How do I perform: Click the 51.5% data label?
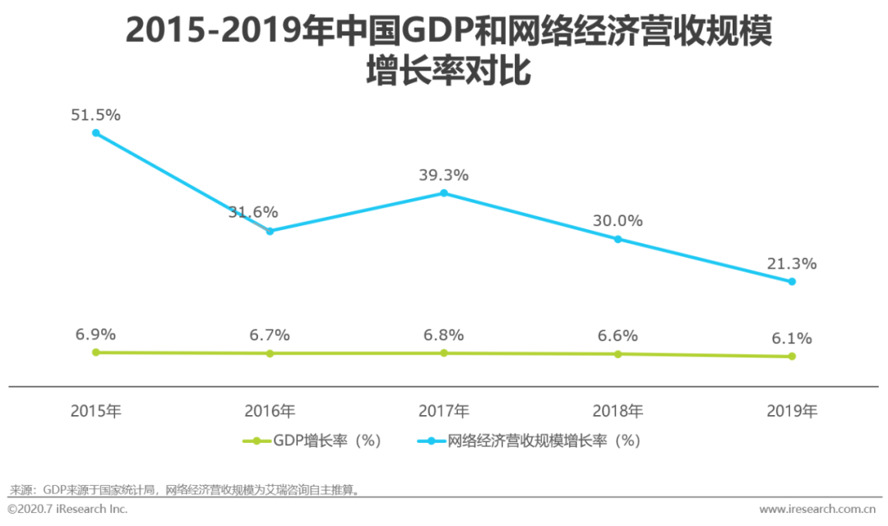96,115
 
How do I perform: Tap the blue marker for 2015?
96,133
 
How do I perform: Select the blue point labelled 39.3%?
444,193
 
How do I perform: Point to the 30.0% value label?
618,221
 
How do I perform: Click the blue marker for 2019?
792,281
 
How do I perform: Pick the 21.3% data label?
792,264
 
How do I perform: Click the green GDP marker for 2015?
96,352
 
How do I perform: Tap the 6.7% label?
270,335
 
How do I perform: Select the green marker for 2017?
444,353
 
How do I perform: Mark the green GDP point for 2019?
792,356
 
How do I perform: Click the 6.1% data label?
792,338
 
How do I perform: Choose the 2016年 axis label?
270,411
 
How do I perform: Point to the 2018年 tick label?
618,411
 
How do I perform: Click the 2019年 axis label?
792,411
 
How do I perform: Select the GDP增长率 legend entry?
312,441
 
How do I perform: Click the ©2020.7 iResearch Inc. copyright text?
67,510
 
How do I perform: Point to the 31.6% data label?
253,213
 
